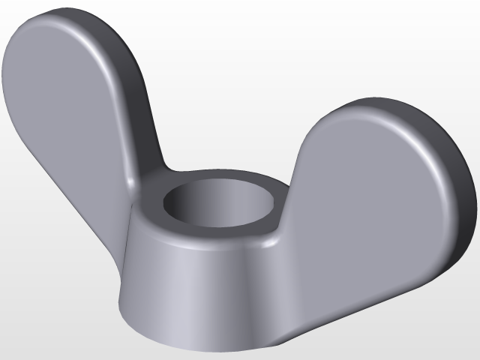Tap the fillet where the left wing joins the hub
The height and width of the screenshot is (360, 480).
pos(139,184)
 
